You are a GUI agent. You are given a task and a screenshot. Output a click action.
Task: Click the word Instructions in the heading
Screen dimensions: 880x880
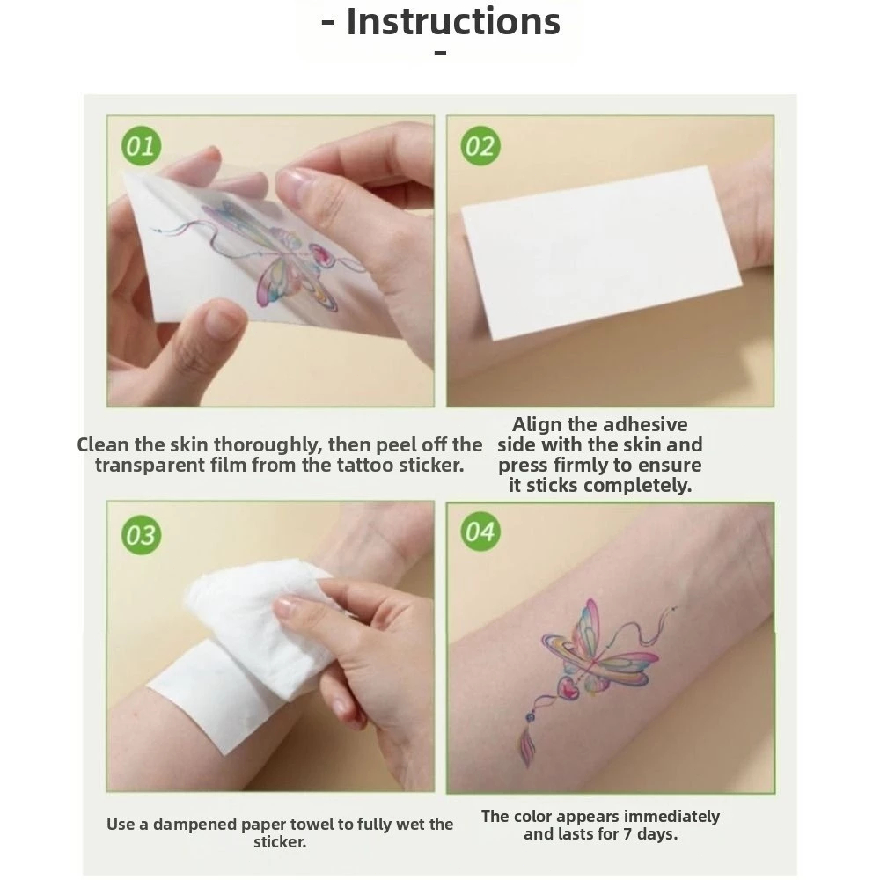point(453,22)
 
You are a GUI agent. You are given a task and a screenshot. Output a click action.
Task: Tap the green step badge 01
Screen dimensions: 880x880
point(141,146)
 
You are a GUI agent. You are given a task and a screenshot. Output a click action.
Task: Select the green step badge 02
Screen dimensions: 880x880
point(480,146)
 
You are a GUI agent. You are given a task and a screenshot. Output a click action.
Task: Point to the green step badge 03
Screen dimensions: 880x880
point(141,535)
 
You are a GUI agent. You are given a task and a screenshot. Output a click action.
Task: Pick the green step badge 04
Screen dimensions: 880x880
point(480,532)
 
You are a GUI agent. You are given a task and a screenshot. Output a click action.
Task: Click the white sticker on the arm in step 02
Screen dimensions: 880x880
point(601,253)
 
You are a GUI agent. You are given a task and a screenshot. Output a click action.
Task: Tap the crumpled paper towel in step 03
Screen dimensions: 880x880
point(258,618)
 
